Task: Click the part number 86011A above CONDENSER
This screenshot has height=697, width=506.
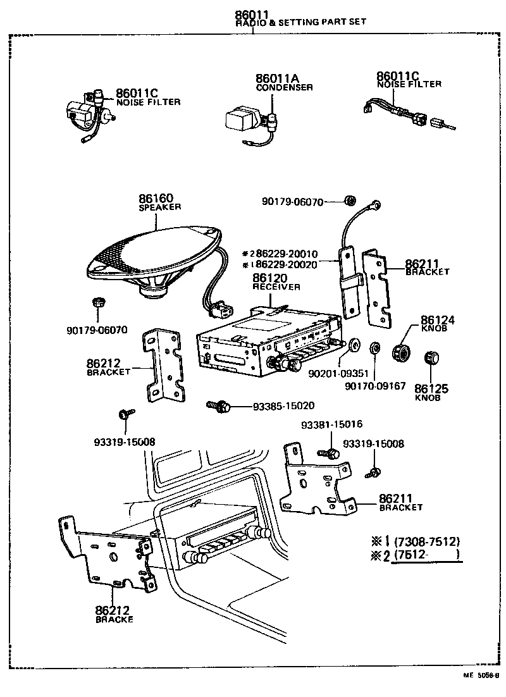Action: point(276,78)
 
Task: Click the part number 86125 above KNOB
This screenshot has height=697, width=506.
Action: point(431,388)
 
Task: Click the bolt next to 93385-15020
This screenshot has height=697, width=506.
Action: point(218,405)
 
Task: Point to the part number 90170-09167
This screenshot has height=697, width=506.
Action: point(376,385)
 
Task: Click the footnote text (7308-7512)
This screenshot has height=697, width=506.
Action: point(426,542)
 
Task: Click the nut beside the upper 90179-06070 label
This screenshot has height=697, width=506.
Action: point(349,201)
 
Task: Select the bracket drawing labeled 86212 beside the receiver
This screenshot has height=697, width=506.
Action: point(163,365)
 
